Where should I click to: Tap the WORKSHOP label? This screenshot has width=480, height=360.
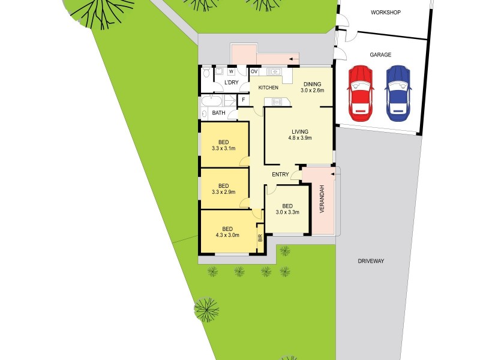385,13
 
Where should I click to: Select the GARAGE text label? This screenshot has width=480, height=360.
380,55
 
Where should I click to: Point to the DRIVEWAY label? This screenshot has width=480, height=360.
371,261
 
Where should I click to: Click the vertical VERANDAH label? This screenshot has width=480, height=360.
322,200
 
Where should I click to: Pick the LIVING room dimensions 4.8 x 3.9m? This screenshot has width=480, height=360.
299,139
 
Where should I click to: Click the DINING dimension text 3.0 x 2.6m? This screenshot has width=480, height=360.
313,91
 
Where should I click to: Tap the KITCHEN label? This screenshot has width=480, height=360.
268,88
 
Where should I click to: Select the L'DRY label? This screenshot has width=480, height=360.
232,83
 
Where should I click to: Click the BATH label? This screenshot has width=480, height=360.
218,113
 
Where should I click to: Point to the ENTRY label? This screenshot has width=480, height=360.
280,175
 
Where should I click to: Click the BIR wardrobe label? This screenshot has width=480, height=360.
260,238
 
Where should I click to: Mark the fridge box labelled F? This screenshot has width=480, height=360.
244,100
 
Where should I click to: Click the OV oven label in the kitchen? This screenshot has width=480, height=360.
254,71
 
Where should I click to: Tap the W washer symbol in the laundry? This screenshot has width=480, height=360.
231,71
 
